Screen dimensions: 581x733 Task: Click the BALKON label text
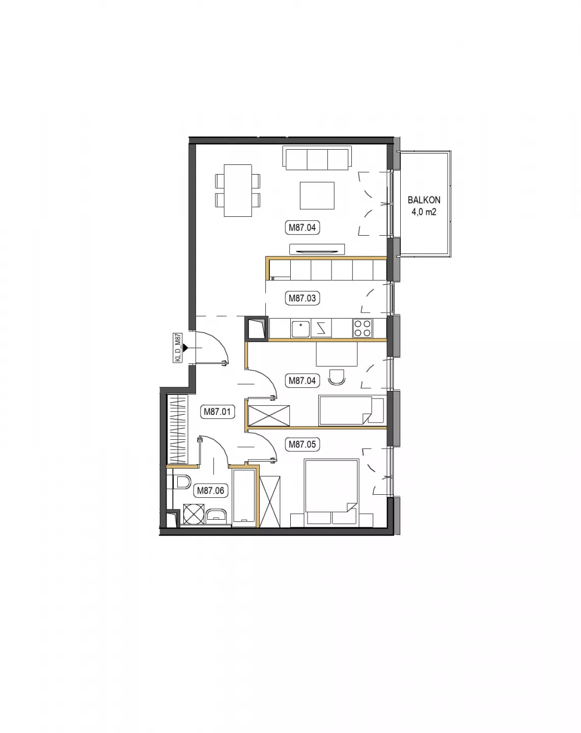pos(424,200)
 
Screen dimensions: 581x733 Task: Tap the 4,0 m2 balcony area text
pos(424,212)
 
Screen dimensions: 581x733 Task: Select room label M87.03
pos(302,298)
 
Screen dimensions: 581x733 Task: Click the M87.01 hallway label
pos(217,412)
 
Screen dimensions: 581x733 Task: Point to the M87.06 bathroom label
pos(211,491)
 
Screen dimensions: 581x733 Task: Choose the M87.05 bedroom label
pos(302,444)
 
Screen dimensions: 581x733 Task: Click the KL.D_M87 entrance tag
pos(177,348)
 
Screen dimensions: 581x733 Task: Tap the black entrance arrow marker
pos(185,348)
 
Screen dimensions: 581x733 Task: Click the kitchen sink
pos(300,329)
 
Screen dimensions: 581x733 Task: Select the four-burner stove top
pos(363,328)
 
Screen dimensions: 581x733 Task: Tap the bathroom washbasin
pos(216,517)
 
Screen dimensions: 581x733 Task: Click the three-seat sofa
pos(317,158)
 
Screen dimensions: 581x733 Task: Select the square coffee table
pos(317,195)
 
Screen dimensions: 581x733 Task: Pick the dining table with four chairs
pos(237,190)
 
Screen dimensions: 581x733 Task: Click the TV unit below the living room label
pos(317,249)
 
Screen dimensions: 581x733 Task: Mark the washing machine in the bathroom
pos(193,514)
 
